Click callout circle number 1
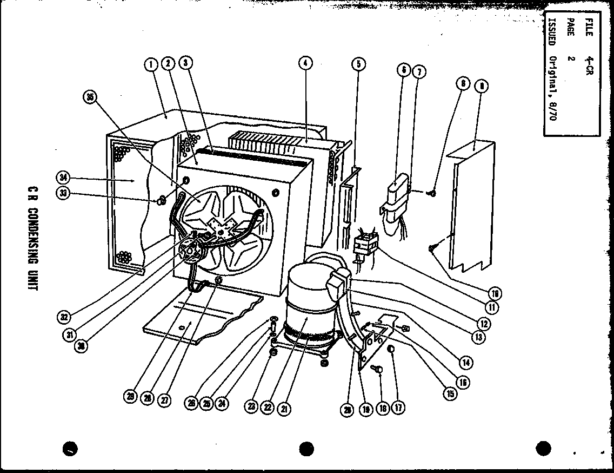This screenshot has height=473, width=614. (x=151, y=64)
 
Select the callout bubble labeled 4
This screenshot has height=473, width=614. (x=305, y=64)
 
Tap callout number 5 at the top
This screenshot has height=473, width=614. (x=358, y=64)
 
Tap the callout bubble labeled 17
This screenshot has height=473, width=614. (x=399, y=408)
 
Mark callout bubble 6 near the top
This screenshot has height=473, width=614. (x=403, y=70)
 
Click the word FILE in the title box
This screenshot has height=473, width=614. (x=588, y=28)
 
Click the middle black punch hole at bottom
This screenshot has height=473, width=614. (x=306, y=448)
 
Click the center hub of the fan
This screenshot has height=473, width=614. (x=220, y=233)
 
